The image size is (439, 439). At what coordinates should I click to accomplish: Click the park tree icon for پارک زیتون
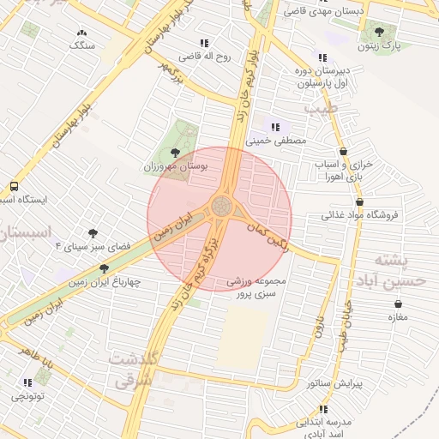pyautogui.click(x=379, y=32)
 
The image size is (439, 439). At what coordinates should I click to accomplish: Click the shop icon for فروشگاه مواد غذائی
pyautogui.click(x=359, y=202)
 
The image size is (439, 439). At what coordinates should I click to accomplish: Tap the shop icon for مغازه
pyautogui.click(x=398, y=304)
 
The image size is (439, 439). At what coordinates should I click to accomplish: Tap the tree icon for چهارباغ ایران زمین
pyautogui.click(x=105, y=268)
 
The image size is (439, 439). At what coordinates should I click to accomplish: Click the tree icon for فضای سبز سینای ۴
pyautogui.click(x=93, y=232)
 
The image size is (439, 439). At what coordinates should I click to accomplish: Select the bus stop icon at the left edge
pyautogui.click(x=14, y=186)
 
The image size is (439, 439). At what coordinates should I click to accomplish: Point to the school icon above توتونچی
pyautogui.click(x=27, y=382)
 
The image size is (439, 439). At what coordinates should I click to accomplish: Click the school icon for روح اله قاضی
pyautogui.click(x=204, y=43)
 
